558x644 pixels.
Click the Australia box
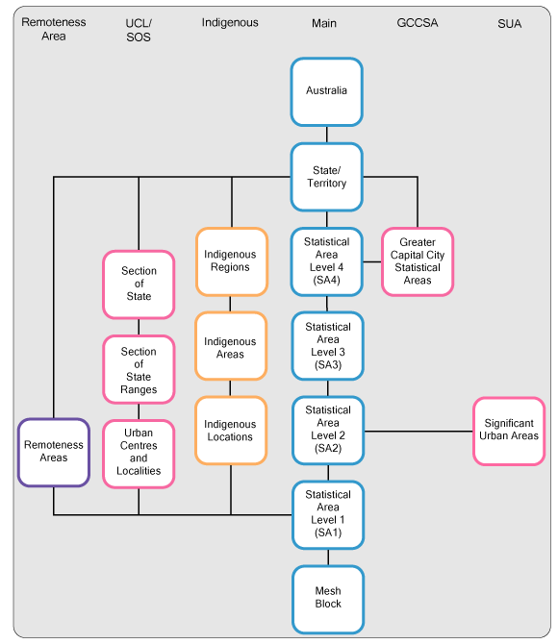pyautogui.click(x=327, y=91)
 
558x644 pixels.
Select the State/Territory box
pyautogui.click(x=327, y=177)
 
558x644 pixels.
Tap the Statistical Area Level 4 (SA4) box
pyautogui.click(x=327, y=261)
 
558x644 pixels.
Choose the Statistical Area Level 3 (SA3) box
pyautogui.click(x=327, y=346)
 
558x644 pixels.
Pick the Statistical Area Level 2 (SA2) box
pyautogui.click(x=327, y=430)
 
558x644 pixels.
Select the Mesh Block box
pyautogui.click(x=327, y=598)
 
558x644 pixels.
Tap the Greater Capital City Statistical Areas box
pyautogui.click(x=418, y=261)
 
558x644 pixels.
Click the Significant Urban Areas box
pyautogui.click(x=510, y=431)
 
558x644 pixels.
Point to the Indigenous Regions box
pyautogui.click(x=231, y=261)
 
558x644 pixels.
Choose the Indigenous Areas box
pyautogui.click(x=231, y=347)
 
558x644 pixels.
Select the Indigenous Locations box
pyautogui.click(x=231, y=431)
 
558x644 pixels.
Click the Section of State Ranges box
pyautogui.click(x=139, y=370)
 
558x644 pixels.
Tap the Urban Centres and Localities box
pyautogui.click(x=139, y=453)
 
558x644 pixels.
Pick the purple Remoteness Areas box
pyautogui.click(x=54, y=452)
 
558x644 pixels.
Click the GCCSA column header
pyautogui.click(x=417, y=23)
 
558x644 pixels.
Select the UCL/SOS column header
pyautogui.click(x=139, y=30)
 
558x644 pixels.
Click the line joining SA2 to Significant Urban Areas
pyautogui.click(x=418, y=431)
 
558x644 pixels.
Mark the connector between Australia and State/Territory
pyautogui.click(x=327, y=135)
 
